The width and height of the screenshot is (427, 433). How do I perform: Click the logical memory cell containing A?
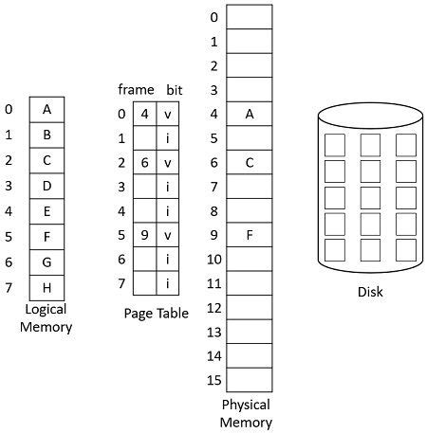pyautogui.click(x=46, y=109)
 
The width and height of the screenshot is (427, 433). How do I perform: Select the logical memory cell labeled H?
pyautogui.click(x=46, y=286)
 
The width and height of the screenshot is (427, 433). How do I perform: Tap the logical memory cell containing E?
pyautogui.click(x=46, y=210)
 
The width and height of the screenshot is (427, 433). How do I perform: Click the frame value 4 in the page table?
pyautogui.click(x=144, y=115)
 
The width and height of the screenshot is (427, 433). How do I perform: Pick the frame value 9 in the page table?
pyautogui.click(x=144, y=233)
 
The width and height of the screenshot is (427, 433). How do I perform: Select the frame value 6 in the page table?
pyautogui.click(x=144, y=162)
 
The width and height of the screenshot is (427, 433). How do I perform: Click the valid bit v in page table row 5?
pyautogui.click(x=168, y=233)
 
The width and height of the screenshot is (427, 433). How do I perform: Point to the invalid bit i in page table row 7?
pyautogui.click(x=168, y=281)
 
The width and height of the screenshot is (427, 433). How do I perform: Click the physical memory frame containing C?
pyautogui.click(x=250, y=162)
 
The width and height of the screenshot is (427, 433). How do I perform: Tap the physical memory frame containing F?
pyautogui.click(x=250, y=235)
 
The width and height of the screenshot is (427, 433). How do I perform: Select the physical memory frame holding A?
pyautogui.click(x=250, y=114)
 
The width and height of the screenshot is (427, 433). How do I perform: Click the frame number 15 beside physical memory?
pyautogui.click(x=213, y=380)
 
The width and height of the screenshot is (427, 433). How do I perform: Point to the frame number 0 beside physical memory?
pyautogui.click(x=213, y=17)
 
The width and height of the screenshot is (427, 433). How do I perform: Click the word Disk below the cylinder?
pyautogui.click(x=370, y=291)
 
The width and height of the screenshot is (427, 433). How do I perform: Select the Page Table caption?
pyautogui.click(x=157, y=313)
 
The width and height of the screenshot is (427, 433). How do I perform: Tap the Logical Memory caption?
pyautogui.click(x=46, y=318)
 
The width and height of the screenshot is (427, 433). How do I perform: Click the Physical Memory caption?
pyautogui.click(x=247, y=413)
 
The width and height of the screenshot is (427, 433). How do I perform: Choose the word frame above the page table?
pyautogui.click(x=136, y=89)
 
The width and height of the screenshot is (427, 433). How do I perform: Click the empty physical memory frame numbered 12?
pyautogui.click(x=250, y=307)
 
